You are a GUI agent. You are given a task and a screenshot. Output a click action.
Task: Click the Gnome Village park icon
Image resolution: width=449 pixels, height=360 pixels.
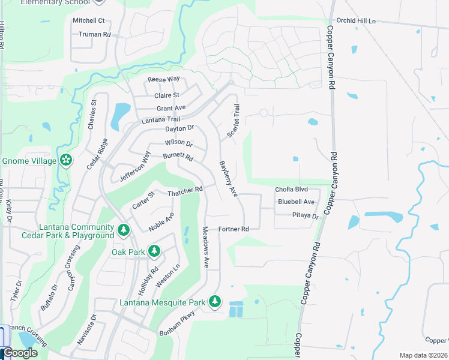click(66, 161)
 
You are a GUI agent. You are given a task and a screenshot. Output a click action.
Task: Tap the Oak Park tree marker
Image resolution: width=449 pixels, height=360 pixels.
click(154, 251)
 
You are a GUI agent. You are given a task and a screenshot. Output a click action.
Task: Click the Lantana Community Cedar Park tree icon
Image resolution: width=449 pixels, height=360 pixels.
click(124, 229)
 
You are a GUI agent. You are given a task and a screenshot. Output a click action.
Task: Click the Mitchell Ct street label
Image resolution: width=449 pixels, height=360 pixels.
click(89, 20)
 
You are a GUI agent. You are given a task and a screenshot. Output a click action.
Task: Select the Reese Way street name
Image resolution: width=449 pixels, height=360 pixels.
click(164, 79)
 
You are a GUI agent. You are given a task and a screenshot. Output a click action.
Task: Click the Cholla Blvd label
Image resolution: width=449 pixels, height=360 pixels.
click(291, 190)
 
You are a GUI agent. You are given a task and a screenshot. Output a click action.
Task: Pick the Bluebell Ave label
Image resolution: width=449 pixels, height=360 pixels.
click(296, 202)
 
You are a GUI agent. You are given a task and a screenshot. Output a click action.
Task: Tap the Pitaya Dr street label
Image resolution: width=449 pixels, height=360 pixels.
click(305, 215)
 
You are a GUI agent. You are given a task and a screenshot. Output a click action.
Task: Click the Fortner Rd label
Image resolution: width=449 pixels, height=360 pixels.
click(233, 229)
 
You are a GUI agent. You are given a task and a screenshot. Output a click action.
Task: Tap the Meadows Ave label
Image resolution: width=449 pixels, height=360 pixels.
click(205, 247)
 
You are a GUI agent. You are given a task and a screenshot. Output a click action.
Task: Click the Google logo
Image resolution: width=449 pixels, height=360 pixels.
click(19, 353)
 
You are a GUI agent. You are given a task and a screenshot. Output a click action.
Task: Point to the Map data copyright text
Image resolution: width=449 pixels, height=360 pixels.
click(424, 355)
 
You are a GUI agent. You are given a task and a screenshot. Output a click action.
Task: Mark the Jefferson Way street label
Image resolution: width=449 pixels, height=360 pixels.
click(134, 166)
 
